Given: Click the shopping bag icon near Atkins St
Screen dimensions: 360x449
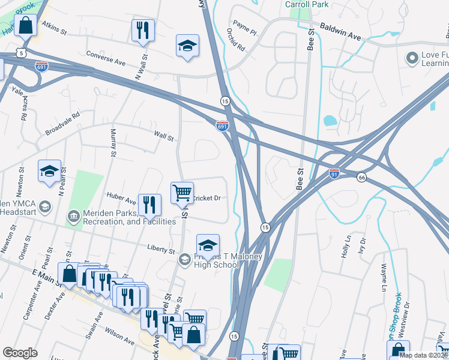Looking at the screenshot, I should coord(25,26).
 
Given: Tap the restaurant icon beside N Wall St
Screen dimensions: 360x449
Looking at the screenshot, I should coord(143,31).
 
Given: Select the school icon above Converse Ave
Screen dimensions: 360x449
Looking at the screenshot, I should coord(187,46).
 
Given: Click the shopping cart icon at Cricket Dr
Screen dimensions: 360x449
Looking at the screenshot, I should coord(182,193).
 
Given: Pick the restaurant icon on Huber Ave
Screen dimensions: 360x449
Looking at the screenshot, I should coord(149,205).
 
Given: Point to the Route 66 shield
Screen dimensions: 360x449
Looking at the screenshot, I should coord(361,178).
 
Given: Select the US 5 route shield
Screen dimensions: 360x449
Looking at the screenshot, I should coord(22,53).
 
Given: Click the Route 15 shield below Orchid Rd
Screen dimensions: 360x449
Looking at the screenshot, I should coord(224,101).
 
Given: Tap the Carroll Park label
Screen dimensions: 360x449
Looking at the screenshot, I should coord(306,4).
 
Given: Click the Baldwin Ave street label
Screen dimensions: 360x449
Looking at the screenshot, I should coord(340,32).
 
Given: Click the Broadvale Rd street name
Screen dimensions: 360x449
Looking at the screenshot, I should coord(62,124).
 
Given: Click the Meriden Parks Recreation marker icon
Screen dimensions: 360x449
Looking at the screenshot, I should coord(73,215).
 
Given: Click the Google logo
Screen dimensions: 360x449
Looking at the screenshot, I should coord(20,353).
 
